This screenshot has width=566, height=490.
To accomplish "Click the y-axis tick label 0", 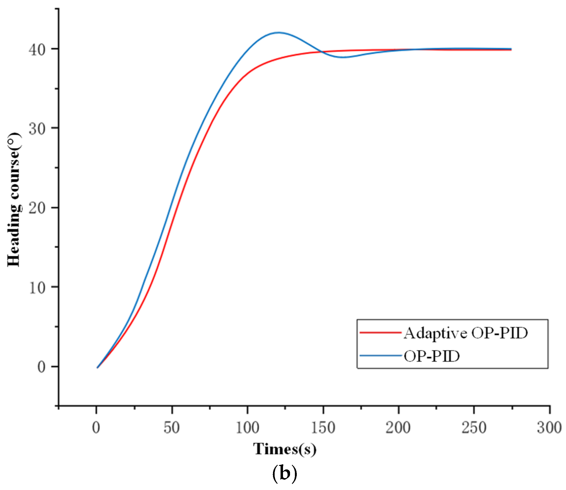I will pos(41,367).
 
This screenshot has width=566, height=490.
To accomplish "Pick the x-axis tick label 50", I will pos(172,428).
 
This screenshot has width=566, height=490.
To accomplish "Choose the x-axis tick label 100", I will pos(247,428).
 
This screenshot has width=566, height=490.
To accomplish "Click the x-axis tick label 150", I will pos(323,428).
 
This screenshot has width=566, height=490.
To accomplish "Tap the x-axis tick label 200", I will pos(398,428).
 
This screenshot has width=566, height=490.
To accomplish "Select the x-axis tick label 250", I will pos(474,428).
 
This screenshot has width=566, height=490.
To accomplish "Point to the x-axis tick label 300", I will pos(549,428).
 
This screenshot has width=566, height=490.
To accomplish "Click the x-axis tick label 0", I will pos(96,428).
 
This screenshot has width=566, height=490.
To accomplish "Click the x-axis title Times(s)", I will pos(285,449).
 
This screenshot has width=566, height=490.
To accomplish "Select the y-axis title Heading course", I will pos(14,200).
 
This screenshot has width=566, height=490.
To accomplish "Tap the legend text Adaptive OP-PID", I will pos(465,333).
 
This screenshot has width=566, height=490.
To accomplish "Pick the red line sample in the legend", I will pos(381,333).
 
